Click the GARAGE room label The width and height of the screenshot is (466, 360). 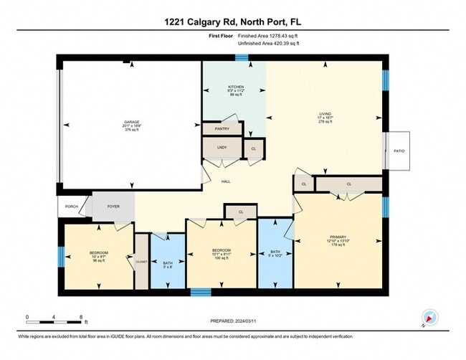click(132, 123)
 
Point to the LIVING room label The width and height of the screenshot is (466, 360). click(325, 113)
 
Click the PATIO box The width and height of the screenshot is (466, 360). click(398, 151)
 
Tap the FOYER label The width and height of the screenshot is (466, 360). click(113, 207)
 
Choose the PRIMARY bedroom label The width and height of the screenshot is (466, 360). click(338, 237)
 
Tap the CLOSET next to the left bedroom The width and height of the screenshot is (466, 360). click(141, 262)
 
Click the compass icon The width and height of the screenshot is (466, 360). click(429, 316)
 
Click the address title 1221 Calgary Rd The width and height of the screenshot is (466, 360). click(233, 14)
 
